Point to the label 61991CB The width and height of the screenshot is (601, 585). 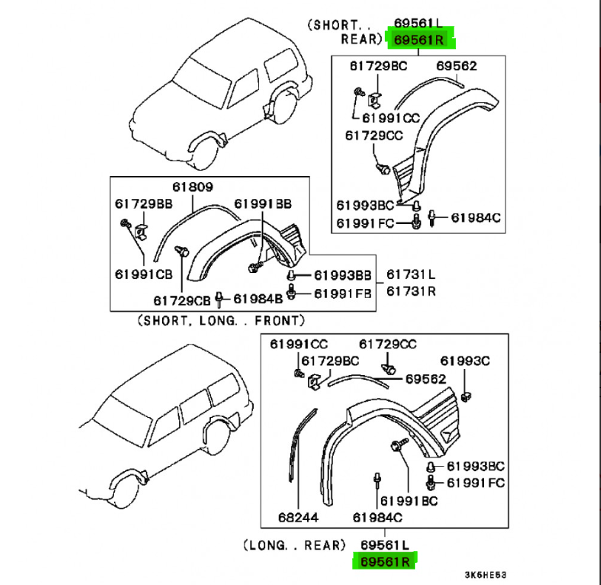click(x=143, y=274)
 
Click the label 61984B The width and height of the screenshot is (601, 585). click(x=258, y=300)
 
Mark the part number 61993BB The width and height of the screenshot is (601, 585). click(x=343, y=275)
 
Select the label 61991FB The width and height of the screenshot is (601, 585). click(x=343, y=293)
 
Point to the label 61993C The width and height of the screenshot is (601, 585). click(x=466, y=362)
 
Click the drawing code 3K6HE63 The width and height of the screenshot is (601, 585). click(x=486, y=575)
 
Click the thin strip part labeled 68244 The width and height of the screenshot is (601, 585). click(x=296, y=451)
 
